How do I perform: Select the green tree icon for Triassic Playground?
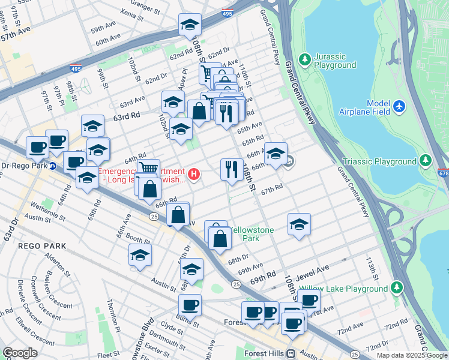[x=426, y=161]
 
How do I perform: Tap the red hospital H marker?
[x=193, y=175]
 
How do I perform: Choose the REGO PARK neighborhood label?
[x=38, y=245]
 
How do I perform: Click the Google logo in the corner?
[x=20, y=353]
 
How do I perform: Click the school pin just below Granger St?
[x=190, y=25]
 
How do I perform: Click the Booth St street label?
[x=137, y=239]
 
